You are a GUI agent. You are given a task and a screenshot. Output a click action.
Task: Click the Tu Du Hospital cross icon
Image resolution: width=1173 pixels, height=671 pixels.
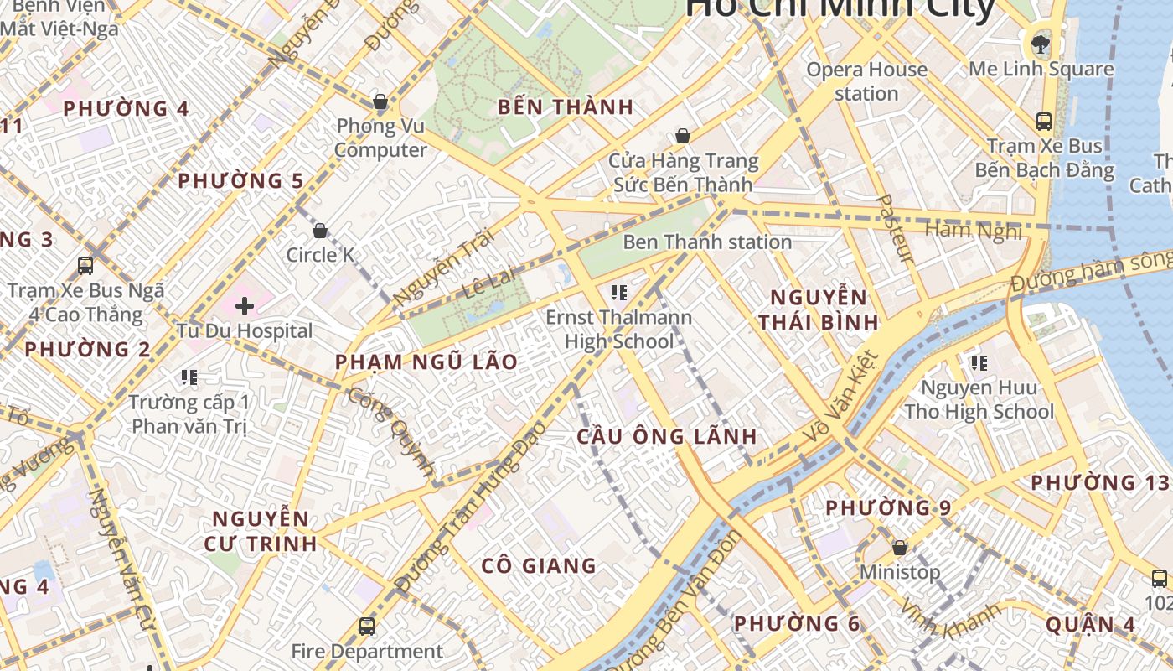tap(245, 306)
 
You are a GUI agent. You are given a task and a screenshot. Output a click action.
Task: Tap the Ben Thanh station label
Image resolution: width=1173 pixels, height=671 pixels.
tap(707, 242)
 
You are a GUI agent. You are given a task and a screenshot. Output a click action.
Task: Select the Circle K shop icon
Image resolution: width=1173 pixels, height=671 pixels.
tap(319, 231)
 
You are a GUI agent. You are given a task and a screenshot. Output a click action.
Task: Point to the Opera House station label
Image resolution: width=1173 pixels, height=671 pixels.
tap(866, 81)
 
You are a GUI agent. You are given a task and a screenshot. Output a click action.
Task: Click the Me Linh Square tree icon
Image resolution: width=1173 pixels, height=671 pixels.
tap(1041, 43)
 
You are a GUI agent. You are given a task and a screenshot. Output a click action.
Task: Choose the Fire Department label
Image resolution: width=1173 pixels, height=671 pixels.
tap(367, 651)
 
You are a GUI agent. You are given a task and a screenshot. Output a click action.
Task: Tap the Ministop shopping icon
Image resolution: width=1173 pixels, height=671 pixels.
tap(900, 548)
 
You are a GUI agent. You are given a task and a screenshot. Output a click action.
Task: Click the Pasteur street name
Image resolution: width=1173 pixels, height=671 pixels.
tap(894, 228)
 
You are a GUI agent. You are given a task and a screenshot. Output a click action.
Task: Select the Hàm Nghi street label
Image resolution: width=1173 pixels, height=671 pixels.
tap(974, 230)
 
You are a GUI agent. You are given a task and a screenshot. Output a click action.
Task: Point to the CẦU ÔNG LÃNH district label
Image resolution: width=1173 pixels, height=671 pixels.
tap(667, 437)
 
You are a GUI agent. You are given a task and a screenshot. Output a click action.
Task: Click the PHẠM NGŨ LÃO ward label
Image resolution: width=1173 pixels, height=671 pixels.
tap(426, 362)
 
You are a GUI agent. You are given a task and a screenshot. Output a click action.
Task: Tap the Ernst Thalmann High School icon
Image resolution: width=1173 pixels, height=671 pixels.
tap(619, 293)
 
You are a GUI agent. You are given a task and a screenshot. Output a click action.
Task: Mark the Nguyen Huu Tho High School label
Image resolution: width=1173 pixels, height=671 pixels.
tap(979, 400)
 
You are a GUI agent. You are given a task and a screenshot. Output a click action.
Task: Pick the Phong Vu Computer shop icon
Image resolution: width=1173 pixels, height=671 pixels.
tap(380, 102)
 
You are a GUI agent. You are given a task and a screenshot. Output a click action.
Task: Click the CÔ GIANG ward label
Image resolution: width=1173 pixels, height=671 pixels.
tap(539, 566)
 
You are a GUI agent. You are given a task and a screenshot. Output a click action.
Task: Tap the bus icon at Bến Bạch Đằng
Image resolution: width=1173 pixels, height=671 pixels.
tap(1044, 122)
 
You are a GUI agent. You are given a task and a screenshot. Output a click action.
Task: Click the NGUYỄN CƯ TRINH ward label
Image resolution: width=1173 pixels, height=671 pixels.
tap(261, 531)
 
